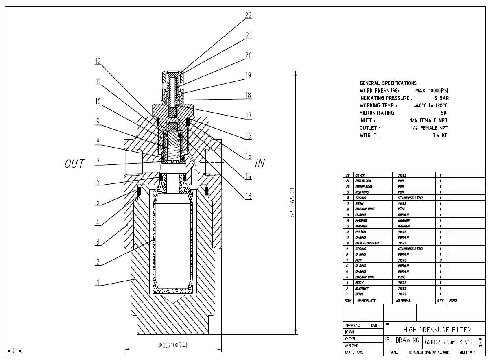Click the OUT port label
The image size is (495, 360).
point(74,164)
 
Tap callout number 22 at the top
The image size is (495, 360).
point(248,16)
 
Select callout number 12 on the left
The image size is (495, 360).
point(98,61)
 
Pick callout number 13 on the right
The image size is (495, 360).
point(248,196)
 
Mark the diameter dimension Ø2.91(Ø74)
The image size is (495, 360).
point(173,345)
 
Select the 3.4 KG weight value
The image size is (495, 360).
point(440,135)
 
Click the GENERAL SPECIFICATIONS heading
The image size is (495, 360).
point(388,83)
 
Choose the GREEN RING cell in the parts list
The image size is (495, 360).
point(363,186)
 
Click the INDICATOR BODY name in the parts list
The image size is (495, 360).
point(367,243)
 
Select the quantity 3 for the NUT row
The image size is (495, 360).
point(440,260)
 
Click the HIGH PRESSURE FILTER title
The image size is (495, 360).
point(436,329)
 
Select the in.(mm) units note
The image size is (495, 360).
point(15,350)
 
